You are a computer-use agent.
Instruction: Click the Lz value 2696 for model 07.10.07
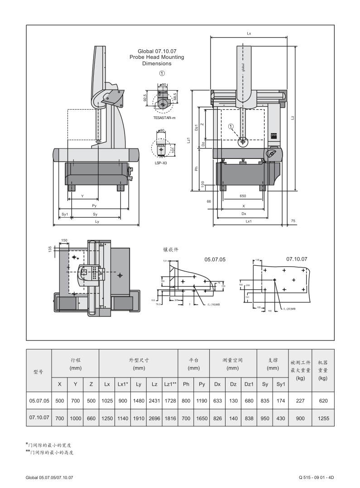154,418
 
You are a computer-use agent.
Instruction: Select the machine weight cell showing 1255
323,418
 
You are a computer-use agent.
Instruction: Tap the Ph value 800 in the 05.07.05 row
186,401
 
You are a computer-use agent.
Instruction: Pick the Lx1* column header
123,384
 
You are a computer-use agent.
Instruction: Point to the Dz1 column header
249,384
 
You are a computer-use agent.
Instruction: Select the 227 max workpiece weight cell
300,401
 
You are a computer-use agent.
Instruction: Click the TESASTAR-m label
164,117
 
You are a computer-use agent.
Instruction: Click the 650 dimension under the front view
244,196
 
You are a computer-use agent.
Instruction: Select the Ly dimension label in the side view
97,221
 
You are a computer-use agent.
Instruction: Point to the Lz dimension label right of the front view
293,118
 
